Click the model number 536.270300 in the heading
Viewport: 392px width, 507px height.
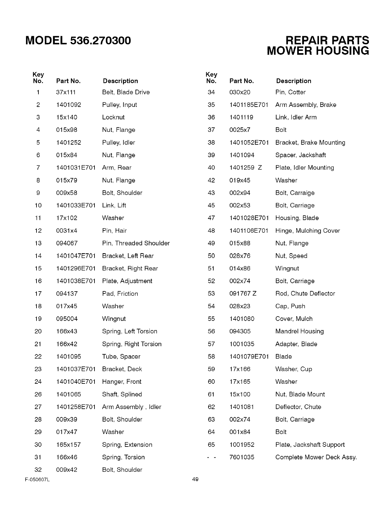point(100,41)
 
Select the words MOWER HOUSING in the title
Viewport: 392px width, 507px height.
point(318,51)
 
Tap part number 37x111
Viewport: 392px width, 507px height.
point(66,92)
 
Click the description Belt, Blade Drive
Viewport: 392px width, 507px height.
point(126,92)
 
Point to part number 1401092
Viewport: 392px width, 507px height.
point(69,105)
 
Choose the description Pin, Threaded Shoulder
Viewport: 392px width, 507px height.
point(136,243)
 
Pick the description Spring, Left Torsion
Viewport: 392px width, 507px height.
point(130,331)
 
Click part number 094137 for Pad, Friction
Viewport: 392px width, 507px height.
point(67,294)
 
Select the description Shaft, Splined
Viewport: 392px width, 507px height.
point(122,394)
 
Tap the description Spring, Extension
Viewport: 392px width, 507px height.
point(127,445)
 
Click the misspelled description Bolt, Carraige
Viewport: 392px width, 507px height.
point(295,193)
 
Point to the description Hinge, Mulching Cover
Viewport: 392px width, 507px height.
point(307,231)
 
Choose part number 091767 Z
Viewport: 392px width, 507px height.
point(243,294)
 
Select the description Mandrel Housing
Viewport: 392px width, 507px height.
point(299,331)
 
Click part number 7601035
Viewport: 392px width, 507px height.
point(242,457)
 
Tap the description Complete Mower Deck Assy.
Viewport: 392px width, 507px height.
point(316,457)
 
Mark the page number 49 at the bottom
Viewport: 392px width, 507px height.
point(195,479)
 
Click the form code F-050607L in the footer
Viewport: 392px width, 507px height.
point(37,479)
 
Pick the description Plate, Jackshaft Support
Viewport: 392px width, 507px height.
point(310,445)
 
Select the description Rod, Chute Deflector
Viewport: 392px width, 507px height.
point(305,294)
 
